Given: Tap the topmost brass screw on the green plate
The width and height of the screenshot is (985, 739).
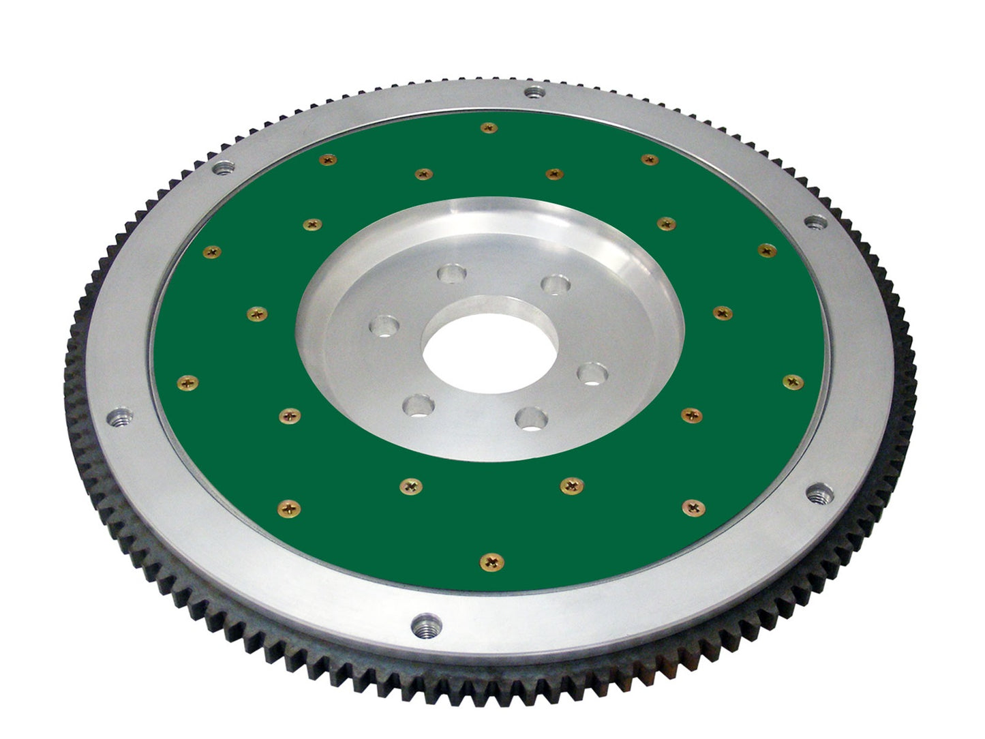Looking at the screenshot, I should pyautogui.click(x=488, y=127).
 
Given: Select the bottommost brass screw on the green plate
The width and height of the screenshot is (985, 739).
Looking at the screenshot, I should pyautogui.click(x=491, y=562).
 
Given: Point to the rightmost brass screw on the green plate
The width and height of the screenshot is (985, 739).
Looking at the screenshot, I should pyautogui.click(x=793, y=382).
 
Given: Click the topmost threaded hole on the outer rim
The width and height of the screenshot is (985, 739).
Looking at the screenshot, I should pyautogui.click(x=534, y=93).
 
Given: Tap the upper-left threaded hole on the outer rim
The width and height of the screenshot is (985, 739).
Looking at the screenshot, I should pyautogui.click(x=224, y=167).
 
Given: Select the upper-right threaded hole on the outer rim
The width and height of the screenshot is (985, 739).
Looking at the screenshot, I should pyautogui.click(x=815, y=222).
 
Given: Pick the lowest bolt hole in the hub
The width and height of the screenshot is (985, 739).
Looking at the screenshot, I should pyautogui.click(x=531, y=417).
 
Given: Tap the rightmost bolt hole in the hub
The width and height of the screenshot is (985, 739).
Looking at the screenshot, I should pyautogui.click(x=592, y=373).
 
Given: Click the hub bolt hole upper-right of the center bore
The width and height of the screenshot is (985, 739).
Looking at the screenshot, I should pyautogui.click(x=554, y=284).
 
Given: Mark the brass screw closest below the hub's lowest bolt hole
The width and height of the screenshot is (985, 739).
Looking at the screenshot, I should pyautogui.click(x=571, y=485).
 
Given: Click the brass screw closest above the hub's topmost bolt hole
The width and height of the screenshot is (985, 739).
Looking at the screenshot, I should pyautogui.click(x=424, y=174).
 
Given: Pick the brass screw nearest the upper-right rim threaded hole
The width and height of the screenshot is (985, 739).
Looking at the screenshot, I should pyautogui.click(x=767, y=250).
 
